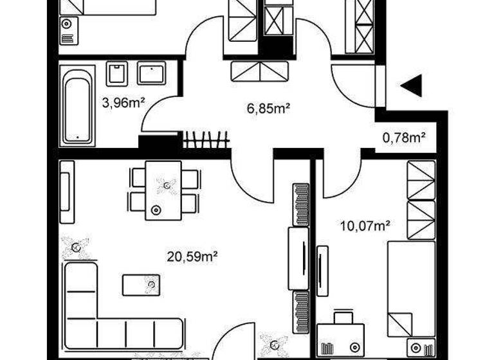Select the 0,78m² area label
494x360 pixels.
click(405, 136)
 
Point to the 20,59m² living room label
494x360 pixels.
click(191, 257)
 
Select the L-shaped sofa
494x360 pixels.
click(96, 315)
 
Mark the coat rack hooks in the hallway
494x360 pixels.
click(206, 139)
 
